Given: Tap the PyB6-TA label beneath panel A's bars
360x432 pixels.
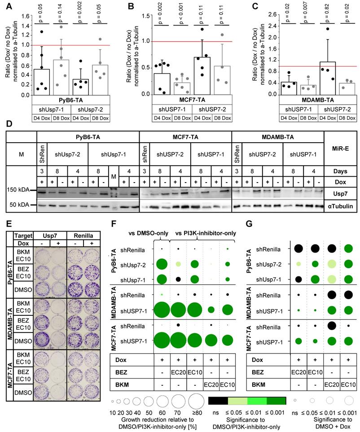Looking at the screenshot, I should tap(70, 100).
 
